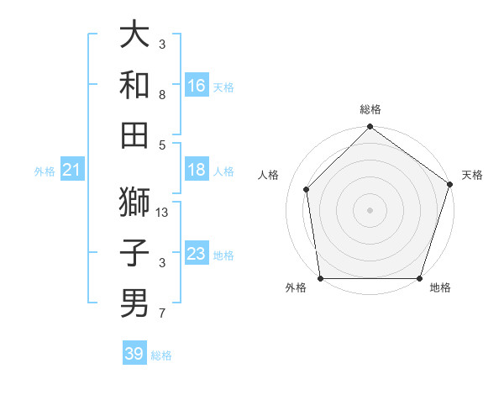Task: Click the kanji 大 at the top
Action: click(134, 35)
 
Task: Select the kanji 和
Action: click(134, 85)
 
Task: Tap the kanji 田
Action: click(134, 134)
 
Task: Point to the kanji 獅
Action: click(134, 202)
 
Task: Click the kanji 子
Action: click(134, 252)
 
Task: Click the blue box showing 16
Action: click(197, 86)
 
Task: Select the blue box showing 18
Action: click(197, 170)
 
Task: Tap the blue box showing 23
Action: click(197, 254)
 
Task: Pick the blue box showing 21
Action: click(71, 171)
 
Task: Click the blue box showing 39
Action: click(134, 354)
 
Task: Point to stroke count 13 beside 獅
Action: click(163, 213)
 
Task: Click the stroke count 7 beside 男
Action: click(162, 314)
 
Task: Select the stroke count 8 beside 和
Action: click(162, 96)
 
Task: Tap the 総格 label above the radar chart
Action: click(370, 110)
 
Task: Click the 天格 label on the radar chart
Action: click(472, 175)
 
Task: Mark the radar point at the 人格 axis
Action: click(307, 189)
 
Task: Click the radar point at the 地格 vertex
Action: click(420, 278)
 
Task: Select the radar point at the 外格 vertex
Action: click(320, 278)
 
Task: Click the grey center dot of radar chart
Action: click(370, 209)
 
